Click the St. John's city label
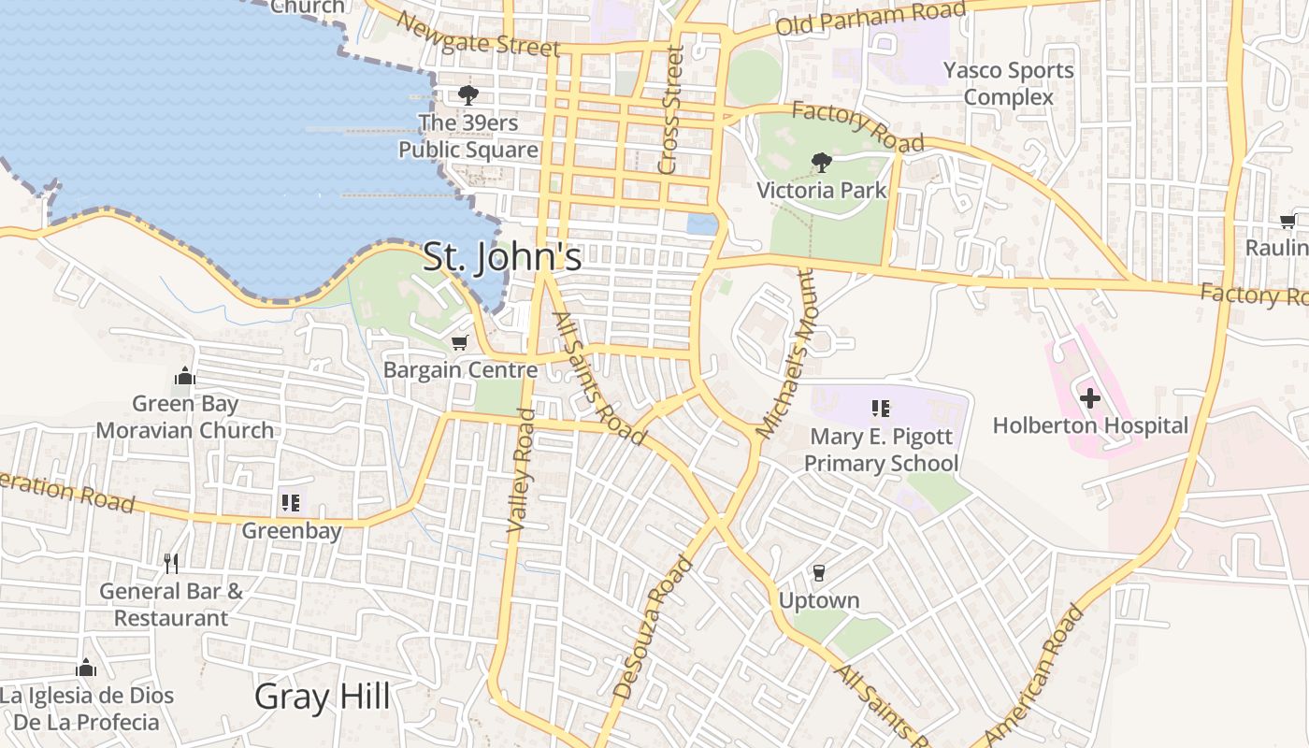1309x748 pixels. point(502,257)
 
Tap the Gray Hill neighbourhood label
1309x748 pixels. point(322,697)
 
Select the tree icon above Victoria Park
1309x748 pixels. point(821,163)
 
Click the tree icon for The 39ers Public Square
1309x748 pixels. point(467,94)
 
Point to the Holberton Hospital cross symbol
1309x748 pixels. point(1089,398)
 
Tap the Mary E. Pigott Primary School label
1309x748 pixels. point(881,450)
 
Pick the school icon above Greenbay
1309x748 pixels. point(291,503)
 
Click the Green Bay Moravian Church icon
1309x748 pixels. point(185,376)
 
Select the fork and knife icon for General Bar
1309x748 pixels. point(170,563)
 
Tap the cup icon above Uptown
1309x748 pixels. point(819,572)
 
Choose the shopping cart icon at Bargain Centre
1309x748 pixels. point(459,343)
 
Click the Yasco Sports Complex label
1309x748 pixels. point(1008,83)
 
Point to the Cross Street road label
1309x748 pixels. point(670,111)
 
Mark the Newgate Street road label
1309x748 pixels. point(477,35)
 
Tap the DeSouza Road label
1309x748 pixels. point(654,627)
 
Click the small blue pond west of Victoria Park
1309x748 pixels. point(701,223)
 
